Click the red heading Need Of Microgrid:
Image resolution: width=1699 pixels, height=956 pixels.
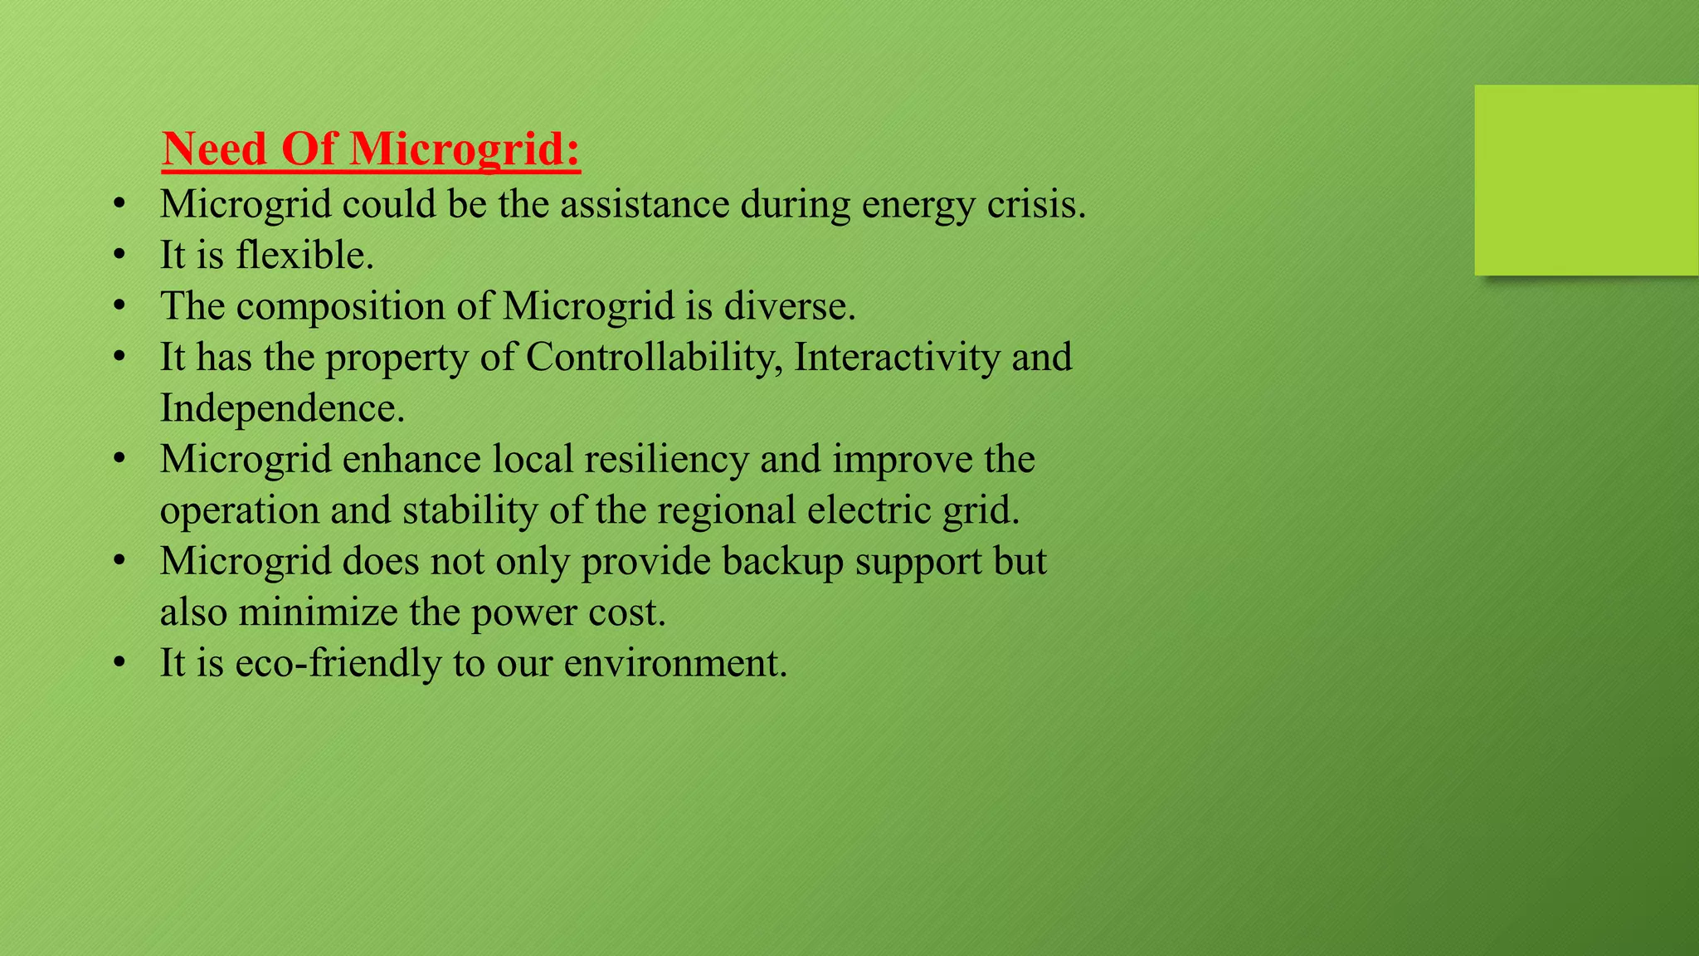[x=371, y=149]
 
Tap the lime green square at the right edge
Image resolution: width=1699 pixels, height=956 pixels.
[x=1586, y=180]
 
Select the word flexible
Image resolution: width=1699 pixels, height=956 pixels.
[x=304, y=255]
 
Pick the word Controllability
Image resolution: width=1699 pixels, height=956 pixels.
[x=655, y=358]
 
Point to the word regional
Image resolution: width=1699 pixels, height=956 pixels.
[x=726, y=510]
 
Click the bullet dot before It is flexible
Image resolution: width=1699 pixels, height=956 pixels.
[x=120, y=256]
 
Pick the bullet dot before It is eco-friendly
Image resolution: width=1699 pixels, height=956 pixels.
[x=120, y=664]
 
